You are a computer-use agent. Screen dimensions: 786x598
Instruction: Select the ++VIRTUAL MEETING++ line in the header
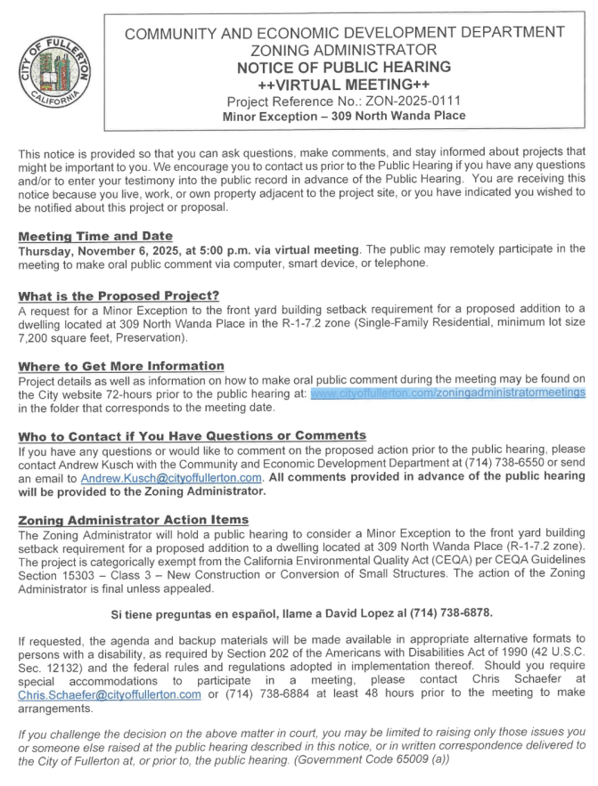coord(344,83)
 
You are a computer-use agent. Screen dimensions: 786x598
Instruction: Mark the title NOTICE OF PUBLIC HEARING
coord(344,67)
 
